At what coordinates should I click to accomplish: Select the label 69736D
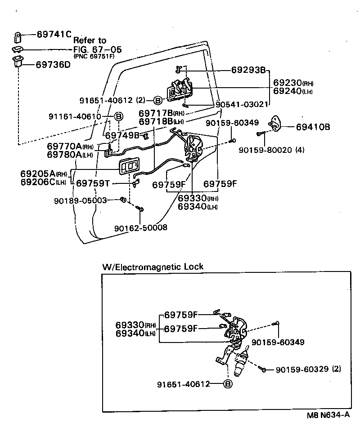coord(53,65)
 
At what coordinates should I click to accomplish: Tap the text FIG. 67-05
coord(98,49)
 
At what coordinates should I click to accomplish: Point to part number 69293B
coord(248,70)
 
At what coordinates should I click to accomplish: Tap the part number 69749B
coord(122,135)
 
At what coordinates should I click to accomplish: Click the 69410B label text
coord(313,127)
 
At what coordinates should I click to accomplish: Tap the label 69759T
coord(93,183)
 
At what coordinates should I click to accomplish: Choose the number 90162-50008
coord(141,228)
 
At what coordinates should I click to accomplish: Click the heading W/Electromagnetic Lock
coord(153,267)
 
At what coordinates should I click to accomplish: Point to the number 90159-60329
coord(302,369)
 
